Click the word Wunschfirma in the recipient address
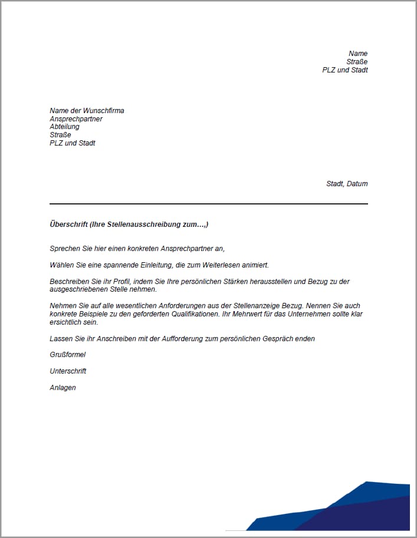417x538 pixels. click(x=104, y=111)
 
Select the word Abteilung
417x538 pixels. click(x=64, y=127)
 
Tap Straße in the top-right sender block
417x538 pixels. click(x=357, y=62)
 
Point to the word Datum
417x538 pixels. click(x=357, y=184)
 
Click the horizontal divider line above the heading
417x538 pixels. click(x=208, y=204)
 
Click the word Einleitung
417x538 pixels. click(x=154, y=265)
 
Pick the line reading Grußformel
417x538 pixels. click(x=67, y=355)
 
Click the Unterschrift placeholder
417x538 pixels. click(x=68, y=371)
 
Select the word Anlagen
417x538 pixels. click(x=63, y=388)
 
